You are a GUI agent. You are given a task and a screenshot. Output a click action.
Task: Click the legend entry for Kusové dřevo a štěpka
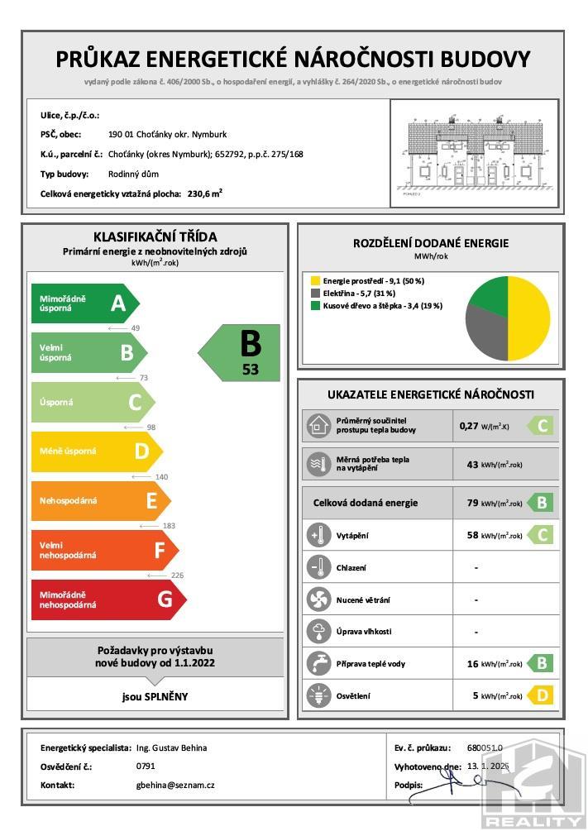[x=375, y=306]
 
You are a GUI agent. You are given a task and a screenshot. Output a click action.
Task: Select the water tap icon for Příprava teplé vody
[x=317, y=663]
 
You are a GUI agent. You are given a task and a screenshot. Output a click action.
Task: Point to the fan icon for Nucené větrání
[x=317, y=599]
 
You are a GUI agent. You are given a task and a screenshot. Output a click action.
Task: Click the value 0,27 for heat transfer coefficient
[x=469, y=427]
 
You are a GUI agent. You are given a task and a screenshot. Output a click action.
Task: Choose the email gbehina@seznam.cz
[x=175, y=785]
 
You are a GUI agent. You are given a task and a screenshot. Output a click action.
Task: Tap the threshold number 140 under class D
[x=161, y=477]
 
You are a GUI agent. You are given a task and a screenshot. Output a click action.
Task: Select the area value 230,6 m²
[x=205, y=193]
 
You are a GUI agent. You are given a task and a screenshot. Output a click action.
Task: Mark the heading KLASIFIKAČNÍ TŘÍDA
[x=155, y=237]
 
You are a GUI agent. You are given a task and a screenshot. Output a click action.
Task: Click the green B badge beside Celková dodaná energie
[x=542, y=503]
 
